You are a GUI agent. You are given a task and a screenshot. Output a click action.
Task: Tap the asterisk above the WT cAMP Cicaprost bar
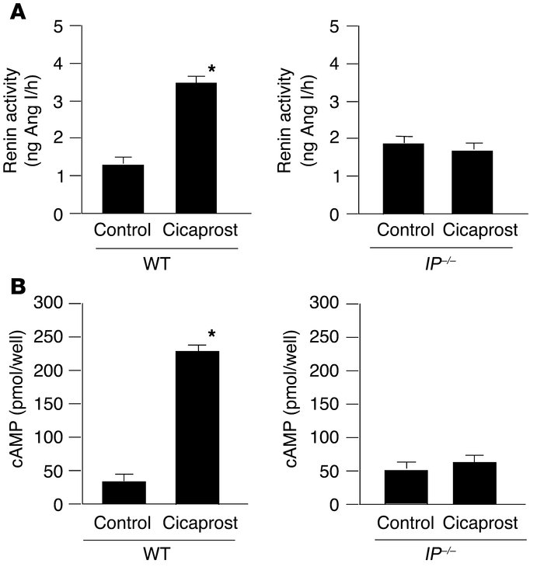(211, 336)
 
